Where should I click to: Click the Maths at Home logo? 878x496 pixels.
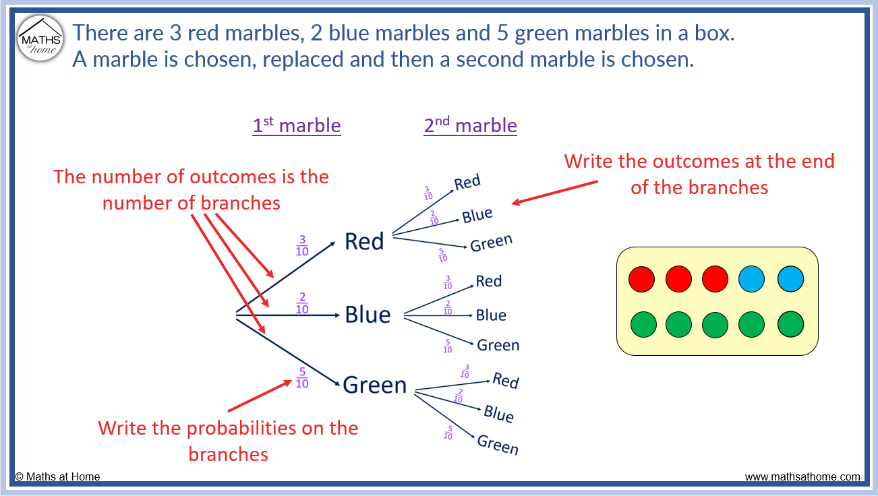coord(40,38)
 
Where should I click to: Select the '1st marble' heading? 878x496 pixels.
coord(297,126)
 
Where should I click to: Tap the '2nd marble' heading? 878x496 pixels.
coord(470,126)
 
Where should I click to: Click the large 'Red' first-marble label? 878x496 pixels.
coord(364,241)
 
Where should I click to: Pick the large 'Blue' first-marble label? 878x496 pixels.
coord(368,315)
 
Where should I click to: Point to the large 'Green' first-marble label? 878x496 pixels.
coord(375,385)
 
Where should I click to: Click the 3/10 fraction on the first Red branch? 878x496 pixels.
coord(302,246)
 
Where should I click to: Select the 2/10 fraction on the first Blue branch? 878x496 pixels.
coord(302,304)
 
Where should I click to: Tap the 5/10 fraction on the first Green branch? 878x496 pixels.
coord(302,378)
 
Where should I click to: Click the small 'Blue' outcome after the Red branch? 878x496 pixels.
coord(477,216)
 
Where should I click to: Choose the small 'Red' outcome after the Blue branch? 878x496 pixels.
coord(489,281)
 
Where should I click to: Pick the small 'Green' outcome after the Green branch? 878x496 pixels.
coord(498,445)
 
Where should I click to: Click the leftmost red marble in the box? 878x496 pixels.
coord(641,279)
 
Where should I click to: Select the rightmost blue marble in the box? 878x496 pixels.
coord(790,279)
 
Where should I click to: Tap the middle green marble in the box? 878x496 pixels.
coord(715,324)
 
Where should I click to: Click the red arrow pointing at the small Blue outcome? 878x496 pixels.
coord(554,191)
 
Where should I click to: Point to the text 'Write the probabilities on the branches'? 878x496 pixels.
coord(228,441)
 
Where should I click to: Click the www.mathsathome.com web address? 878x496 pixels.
coord(802,477)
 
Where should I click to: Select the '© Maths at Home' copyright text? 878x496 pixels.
coord(57,477)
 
